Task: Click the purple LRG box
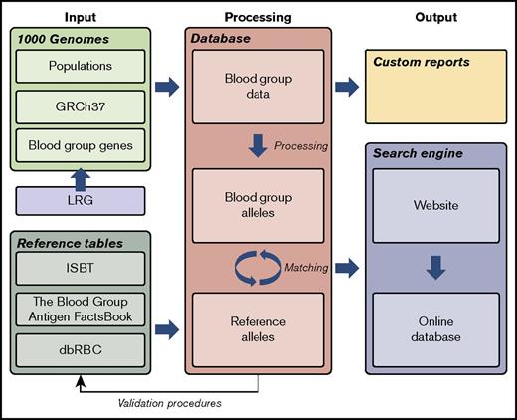81,201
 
